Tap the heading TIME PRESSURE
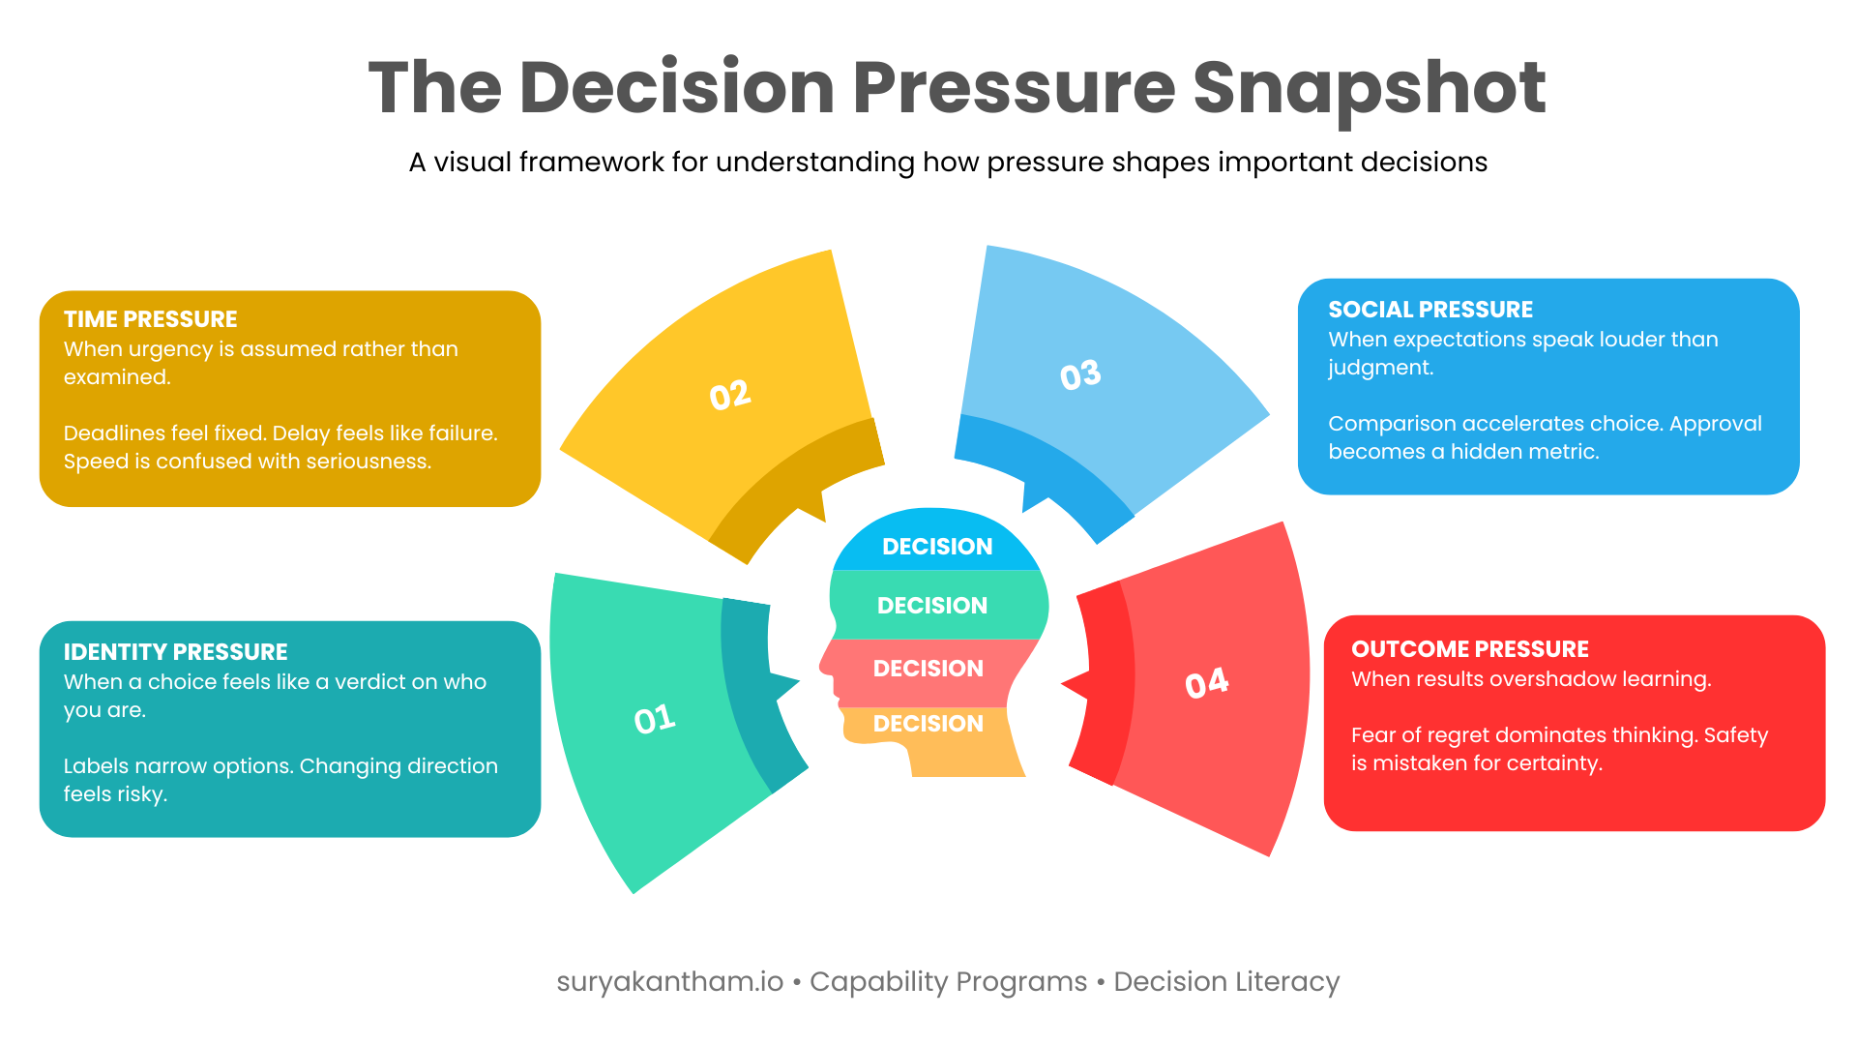point(150,319)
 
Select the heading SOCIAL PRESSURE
point(1430,310)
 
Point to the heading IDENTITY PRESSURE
point(175,652)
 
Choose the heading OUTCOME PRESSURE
point(1469,649)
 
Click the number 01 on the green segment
point(655,719)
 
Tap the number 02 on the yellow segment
point(730,395)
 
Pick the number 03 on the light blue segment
point(1080,375)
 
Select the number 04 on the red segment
point(1207,683)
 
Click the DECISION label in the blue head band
point(937,547)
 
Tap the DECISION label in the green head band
point(932,606)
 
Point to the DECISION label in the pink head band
point(928,669)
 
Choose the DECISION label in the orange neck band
point(928,724)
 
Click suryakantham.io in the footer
point(669,981)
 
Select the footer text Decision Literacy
point(1226,981)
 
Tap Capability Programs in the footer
point(948,981)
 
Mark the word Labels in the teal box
point(95,766)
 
